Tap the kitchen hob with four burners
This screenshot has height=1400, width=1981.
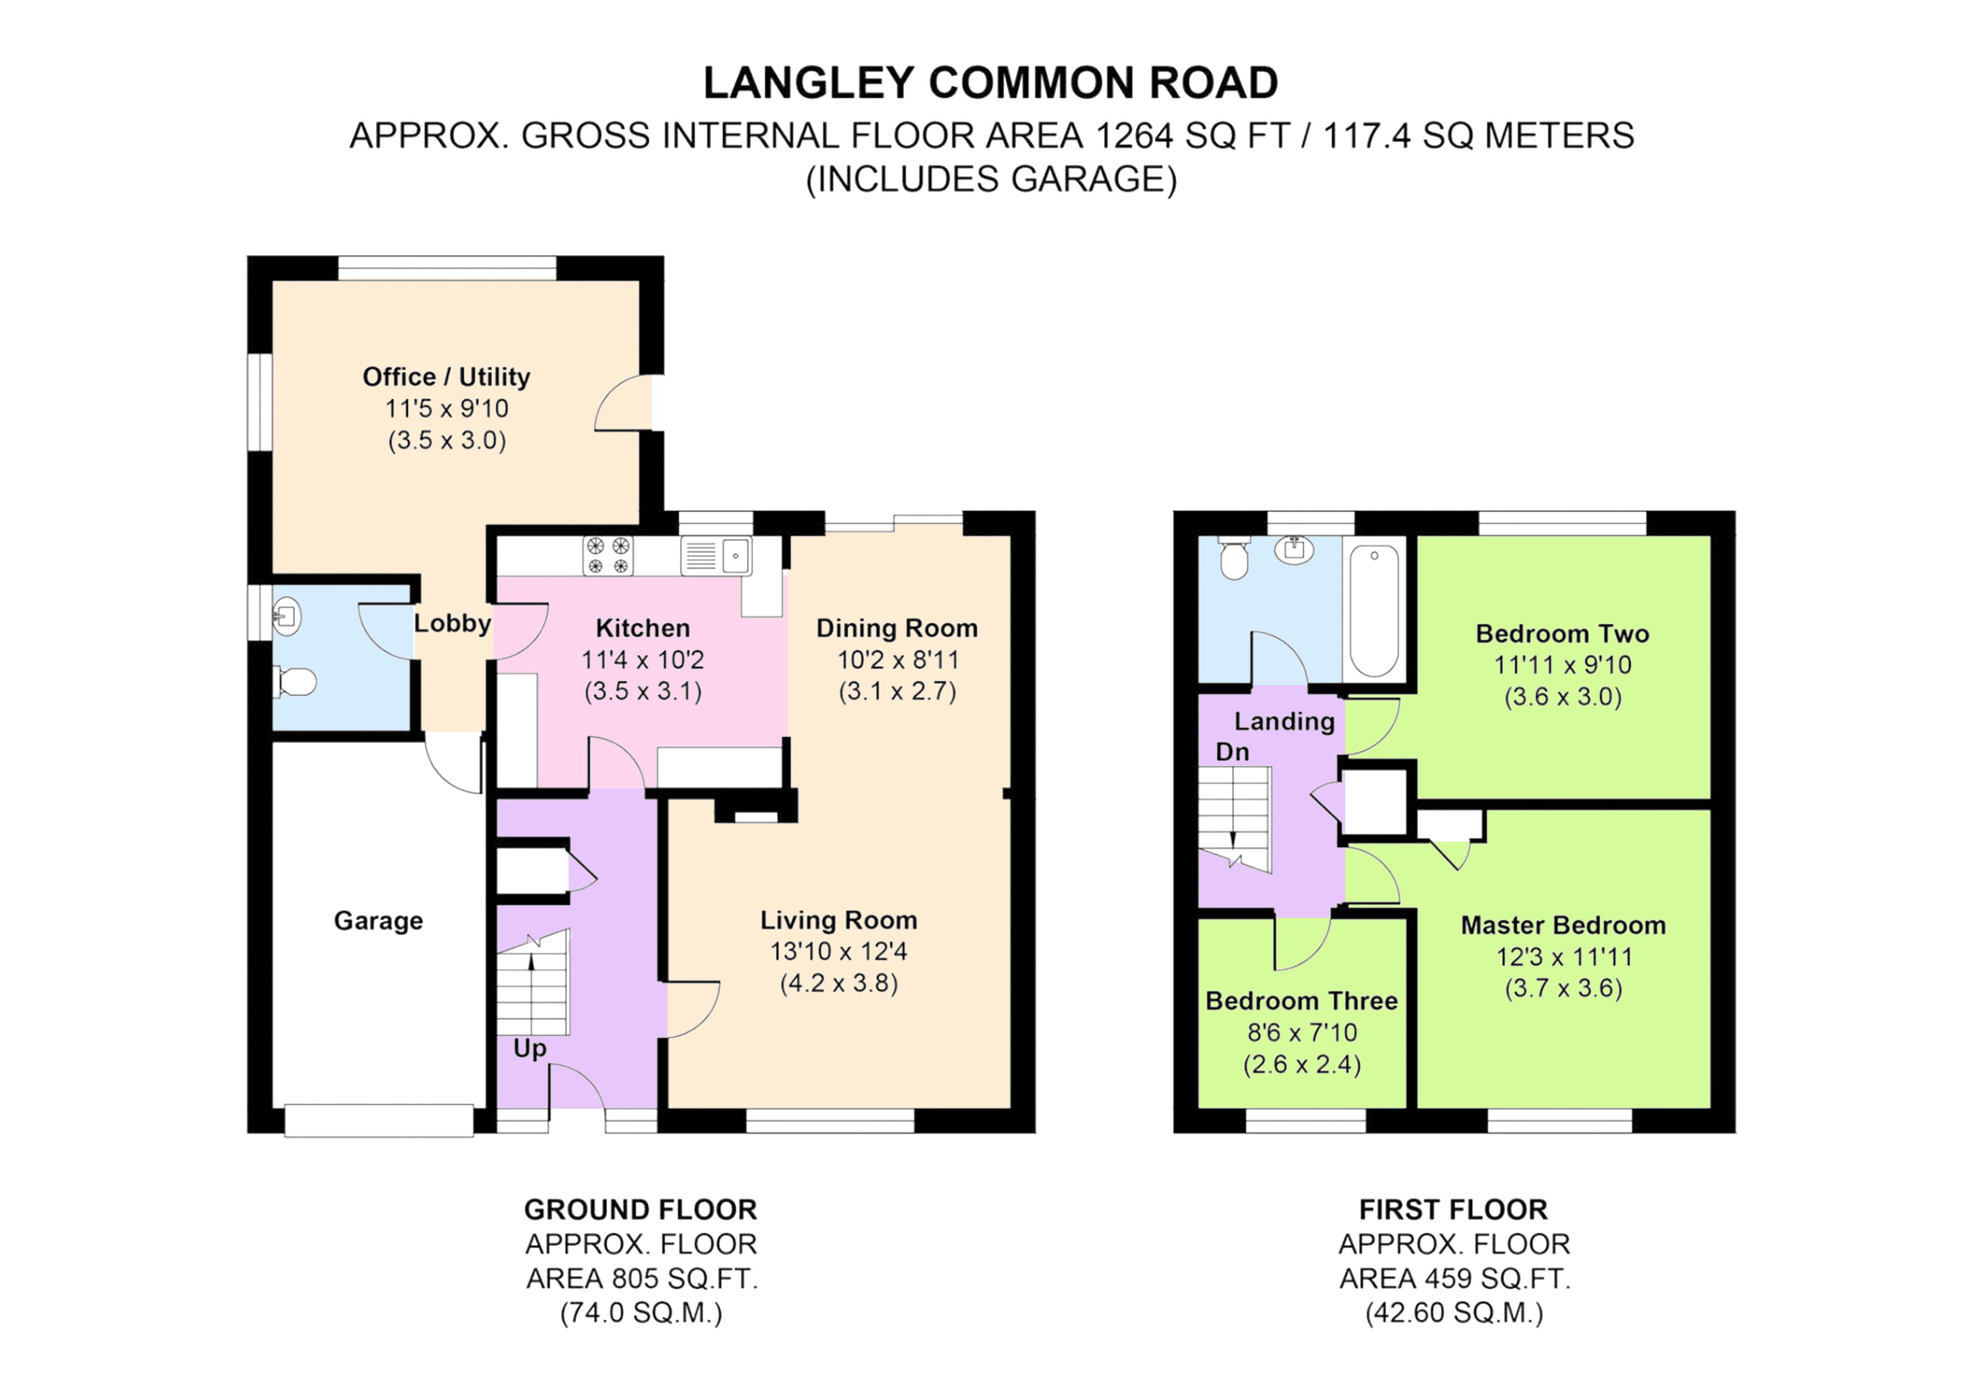point(608,555)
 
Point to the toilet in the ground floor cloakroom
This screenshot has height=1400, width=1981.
point(295,683)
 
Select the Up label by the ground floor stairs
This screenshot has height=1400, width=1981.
point(530,1048)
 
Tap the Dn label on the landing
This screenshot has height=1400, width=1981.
point(1232,752)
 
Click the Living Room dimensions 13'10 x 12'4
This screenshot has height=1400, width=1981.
point(839,951)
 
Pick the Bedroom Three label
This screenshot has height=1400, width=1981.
point(1301,1001)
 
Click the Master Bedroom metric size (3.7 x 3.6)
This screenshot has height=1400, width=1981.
point(1564,988)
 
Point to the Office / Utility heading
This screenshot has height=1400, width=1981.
point(446,377)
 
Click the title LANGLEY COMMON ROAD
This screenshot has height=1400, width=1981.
point(990,84)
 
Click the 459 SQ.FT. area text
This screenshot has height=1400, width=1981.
point(1455,1279)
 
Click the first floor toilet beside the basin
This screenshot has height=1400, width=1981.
point(1234,559)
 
